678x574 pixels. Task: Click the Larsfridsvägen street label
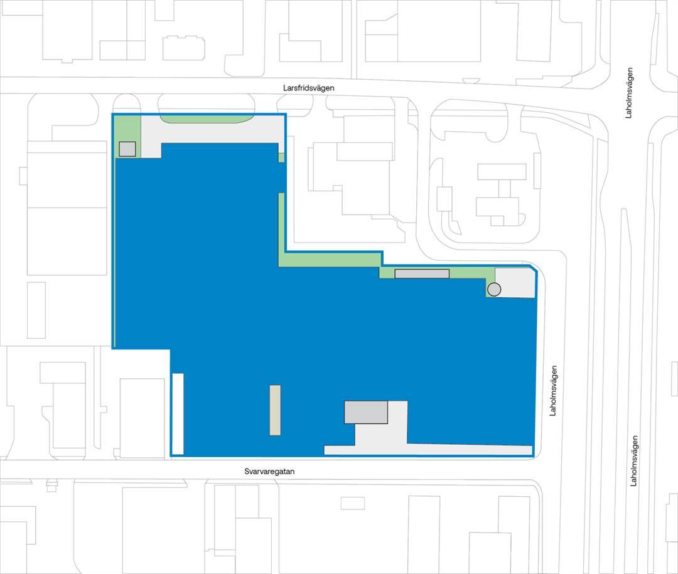[x=309, y=88]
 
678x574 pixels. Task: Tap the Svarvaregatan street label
[x=269, y=471]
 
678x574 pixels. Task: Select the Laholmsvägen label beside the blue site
[x=553, y=391]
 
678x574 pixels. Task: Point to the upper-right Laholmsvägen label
[x=628, y=92]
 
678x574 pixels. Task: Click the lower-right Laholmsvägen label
[x=633, y=460]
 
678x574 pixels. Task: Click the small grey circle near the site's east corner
[x=494, y=289]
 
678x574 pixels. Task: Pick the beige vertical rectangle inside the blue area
[x=275, y=410]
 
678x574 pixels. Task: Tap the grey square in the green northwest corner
[x=127, y=149]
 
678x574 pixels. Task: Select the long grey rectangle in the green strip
[x=422, y=274]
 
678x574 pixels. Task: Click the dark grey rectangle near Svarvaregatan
[x=366, y=412]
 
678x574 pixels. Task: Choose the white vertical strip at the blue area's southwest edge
[x=178, y=413]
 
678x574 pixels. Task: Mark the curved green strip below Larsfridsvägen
[x=206, y=119]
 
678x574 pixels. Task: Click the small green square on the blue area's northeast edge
[x=281, y=157]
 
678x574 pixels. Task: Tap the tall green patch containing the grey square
[x=128, y=136]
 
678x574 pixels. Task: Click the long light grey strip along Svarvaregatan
[x=428, y=450]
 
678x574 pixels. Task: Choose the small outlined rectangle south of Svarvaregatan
[x=352, y=503]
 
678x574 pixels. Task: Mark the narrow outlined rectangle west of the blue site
[x=36, y=311]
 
